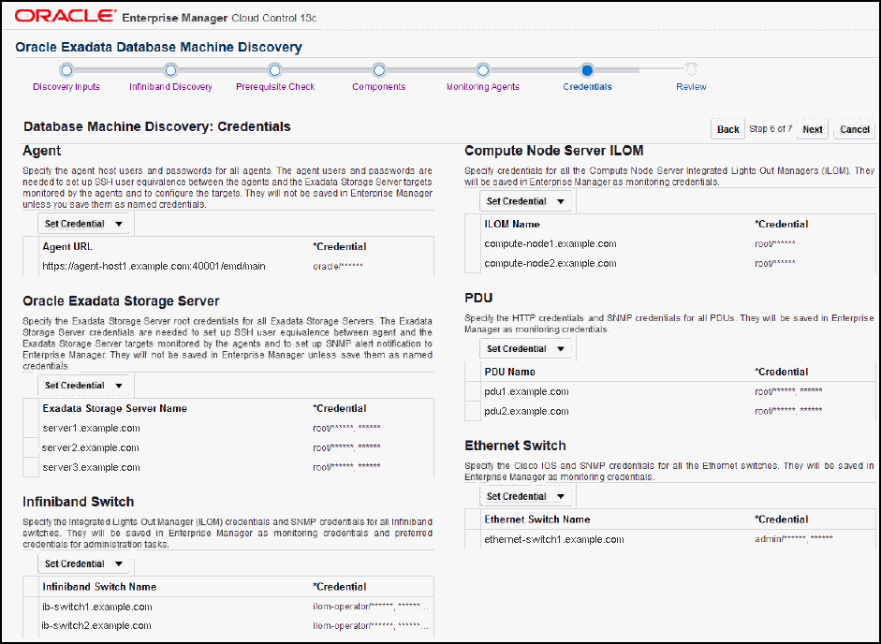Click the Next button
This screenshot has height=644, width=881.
pyautogui.click(x=812, y=130)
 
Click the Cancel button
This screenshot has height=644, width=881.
pyautogui.click(x=854, y=130)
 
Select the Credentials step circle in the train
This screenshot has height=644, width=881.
pyautogui.click(x=586, y=69)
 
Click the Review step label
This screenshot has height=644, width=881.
pyautogui.click(x=691, y=87)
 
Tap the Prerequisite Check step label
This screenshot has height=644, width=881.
pyautogui.click(x=274, y=87)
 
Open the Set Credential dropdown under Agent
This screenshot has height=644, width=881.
pyautogui.click(x=84, y=225)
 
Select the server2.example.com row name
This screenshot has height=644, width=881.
pyautogui.click(x=92, y=448)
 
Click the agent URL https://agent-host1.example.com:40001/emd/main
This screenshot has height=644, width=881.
pyautogui.click(x=154, y=267)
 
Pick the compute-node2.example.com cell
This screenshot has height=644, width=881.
pyautogui.click(x=551, y=264)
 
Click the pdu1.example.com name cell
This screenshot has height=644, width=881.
pyautogui.click(x=526, y=392)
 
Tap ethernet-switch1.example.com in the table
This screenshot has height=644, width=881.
pyautogui.click(x=554, y=540)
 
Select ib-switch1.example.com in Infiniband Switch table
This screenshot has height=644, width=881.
pyautogui.click(x=97, y=607)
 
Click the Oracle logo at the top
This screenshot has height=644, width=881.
pyautogui.click(x=66, y=17)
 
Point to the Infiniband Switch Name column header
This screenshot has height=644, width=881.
pyautogui.click(x=99, y=587)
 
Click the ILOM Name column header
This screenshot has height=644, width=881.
pyautogui.click(x=512, y=225)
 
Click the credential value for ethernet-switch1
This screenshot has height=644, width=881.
pyautogui.click(x=793, y=540)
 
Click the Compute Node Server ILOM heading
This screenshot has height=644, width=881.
pyautogui.click(x=553, y=151)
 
